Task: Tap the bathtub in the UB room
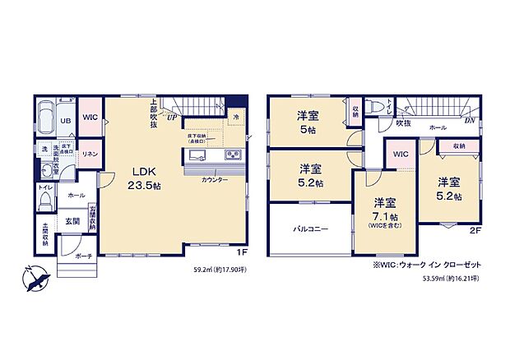click(x=47, y=111)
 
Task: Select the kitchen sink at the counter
click(x=197, y=155)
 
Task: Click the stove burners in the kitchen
click(x=231, y=155)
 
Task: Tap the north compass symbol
click(x=35, y=279)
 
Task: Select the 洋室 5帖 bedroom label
click(x=308, y=122)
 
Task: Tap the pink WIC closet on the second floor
click(x=400, y=154)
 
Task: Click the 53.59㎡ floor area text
click(x=448, y=279)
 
